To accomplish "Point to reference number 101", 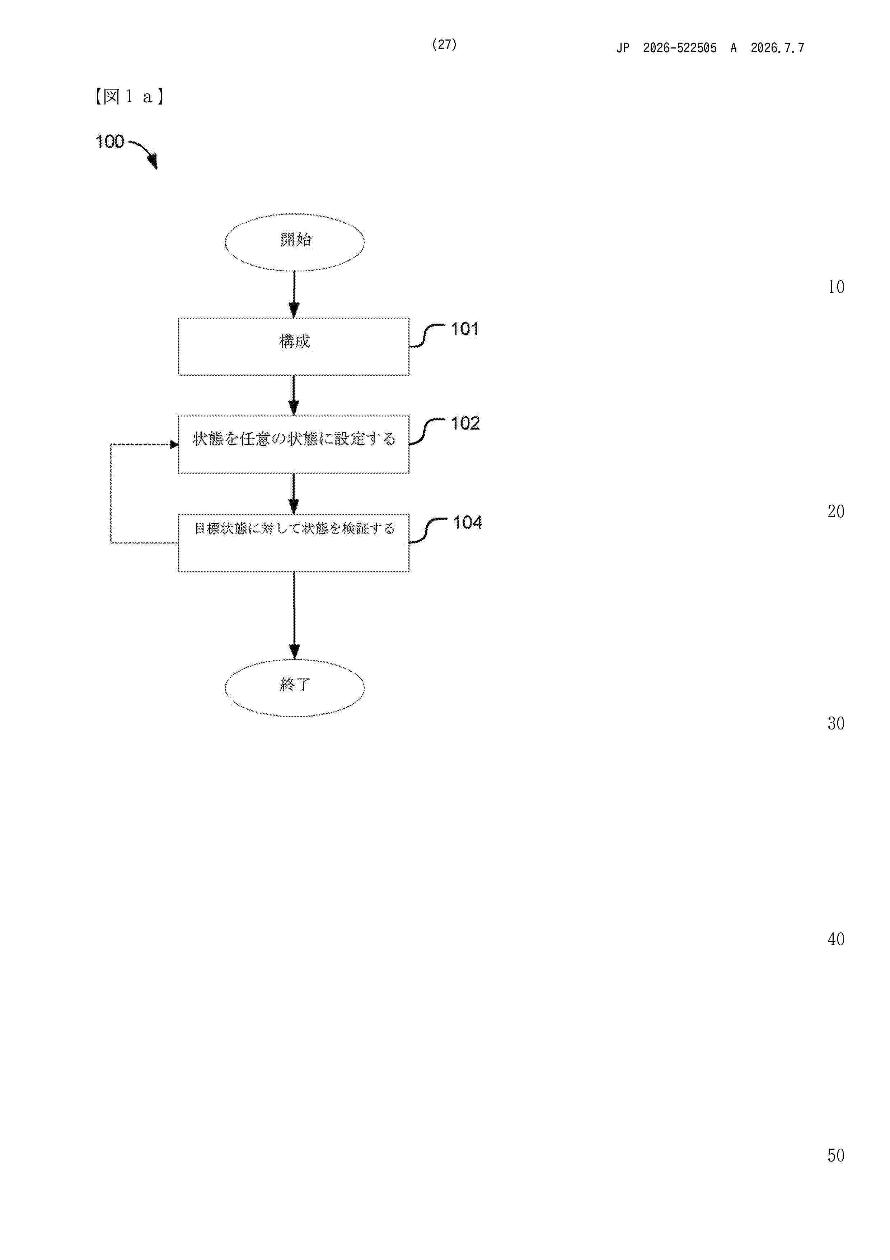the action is [x=464, y=329].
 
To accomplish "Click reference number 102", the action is [x=465, y=423].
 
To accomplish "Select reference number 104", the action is [x=467, y=523].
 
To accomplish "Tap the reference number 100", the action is [x=110, y=142].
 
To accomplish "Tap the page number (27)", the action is [x=444, y=45].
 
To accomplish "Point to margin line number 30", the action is [x=836, y=723].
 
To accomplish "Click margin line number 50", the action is [x=836, y=1155].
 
